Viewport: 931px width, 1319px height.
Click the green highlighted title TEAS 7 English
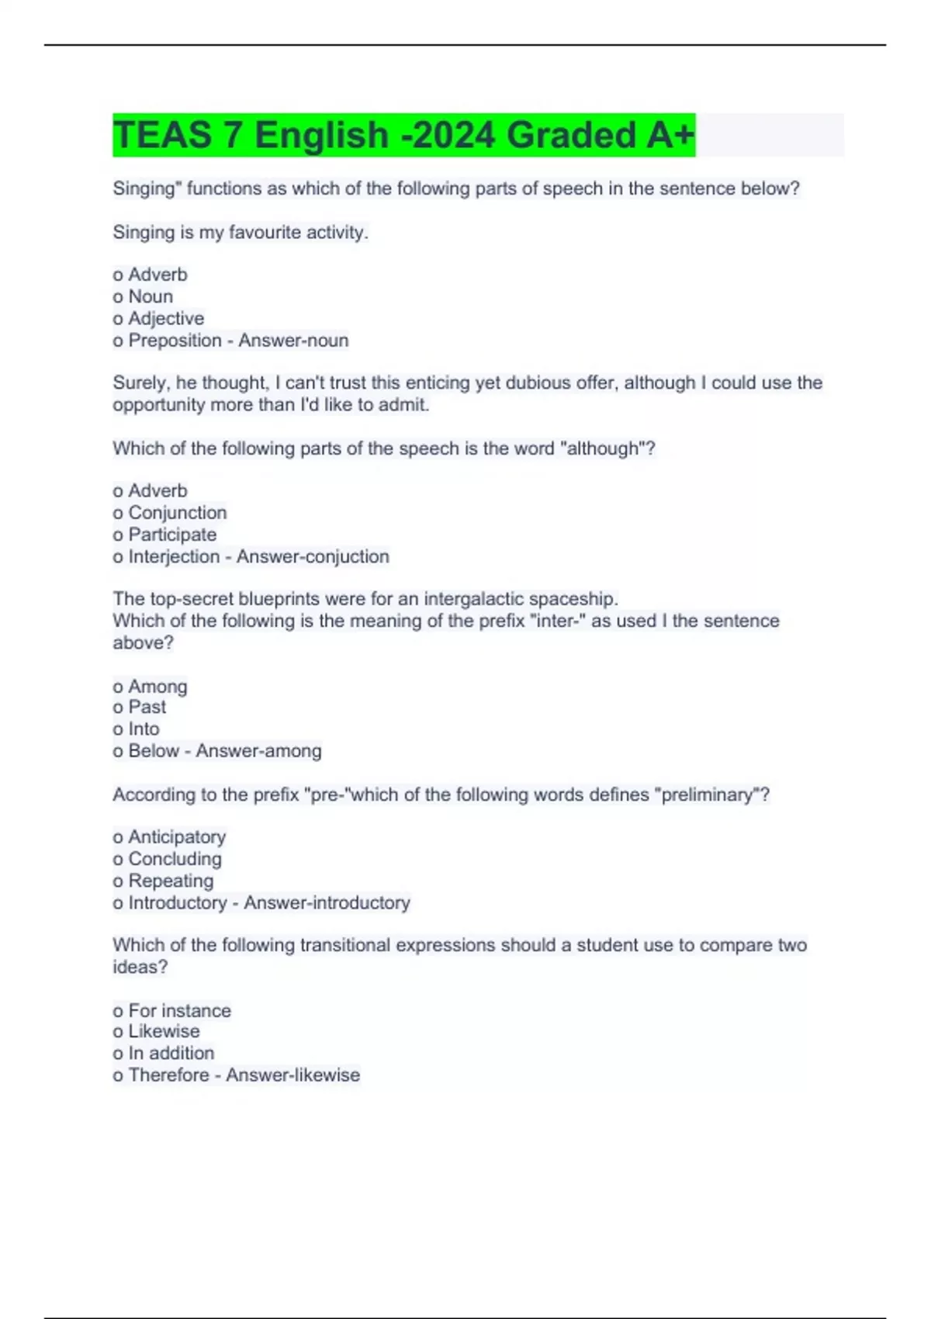tap(403, 135)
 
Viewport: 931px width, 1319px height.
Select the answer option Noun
tap(150, 296)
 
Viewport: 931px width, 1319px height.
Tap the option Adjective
tap(165, 318)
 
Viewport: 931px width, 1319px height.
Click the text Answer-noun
tap(293, 340)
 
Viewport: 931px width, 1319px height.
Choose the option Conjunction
tap(177, 512)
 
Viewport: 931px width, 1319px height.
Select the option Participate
tap(171, 534)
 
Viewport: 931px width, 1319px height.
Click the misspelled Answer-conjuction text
tap(313, 556)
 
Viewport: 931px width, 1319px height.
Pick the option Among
tap(157, 686)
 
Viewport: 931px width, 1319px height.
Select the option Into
tap(144, 729)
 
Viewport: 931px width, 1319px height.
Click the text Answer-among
tap(258, 750)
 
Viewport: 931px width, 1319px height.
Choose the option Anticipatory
tap(176, 836)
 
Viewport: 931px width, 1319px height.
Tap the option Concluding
tap(175, 858)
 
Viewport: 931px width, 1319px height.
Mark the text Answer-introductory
tap(327, 902)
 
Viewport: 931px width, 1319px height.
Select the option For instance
tap(179, 1010)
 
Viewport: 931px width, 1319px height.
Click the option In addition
tap(171, 1053)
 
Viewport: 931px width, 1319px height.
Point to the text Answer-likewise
tap(293, 1075)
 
